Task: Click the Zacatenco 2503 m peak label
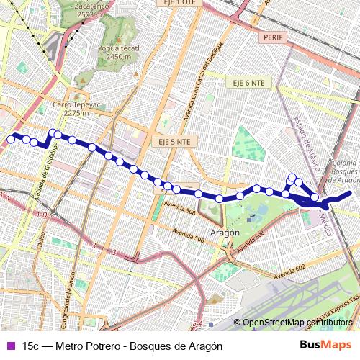pyautogui.click(x=94, y=9)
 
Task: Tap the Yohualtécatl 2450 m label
pyautogui.click(x=118, y=52)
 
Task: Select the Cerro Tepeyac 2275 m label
pyautogui.click(x=76, y=108)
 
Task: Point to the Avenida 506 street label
pyautogui.click(x=190, y=235)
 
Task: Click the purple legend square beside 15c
pyautogui.click(x=10, y=346)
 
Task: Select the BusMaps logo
pyautogui.click(x=326, y=345)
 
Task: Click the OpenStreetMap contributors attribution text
pyautogui.click(x=297, y=323)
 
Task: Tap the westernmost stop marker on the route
pyautogui.click(x=11, y=137)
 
